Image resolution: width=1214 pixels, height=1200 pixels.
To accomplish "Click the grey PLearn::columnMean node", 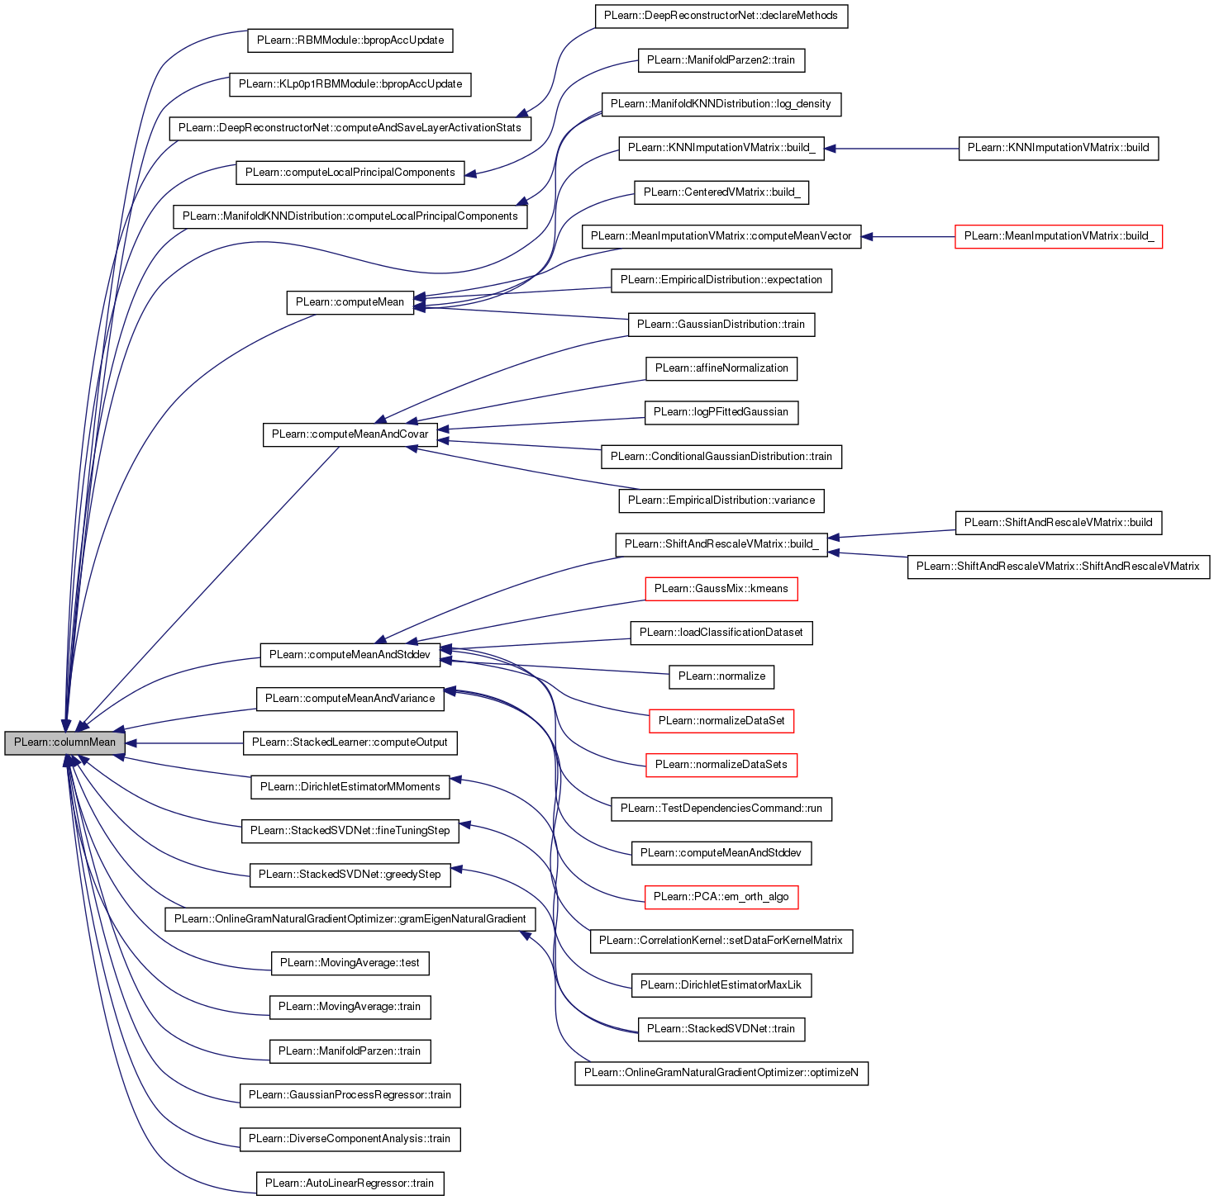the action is (x=65, y=742).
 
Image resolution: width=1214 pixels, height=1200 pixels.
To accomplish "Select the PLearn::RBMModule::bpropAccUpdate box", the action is (x=350, y=40).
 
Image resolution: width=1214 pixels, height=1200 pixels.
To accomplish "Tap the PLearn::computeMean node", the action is (x=350, y=302).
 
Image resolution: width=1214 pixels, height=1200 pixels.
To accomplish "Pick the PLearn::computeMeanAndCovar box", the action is (x=350, y=434).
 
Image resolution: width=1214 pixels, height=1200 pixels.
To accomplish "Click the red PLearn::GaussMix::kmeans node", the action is (x=721, y=589).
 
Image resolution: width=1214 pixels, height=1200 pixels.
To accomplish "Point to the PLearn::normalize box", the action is (x=721, y=677).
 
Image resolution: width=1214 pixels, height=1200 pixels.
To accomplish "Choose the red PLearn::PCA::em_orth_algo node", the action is (x=721, y=897).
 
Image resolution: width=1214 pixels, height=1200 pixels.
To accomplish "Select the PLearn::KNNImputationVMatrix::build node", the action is (x=1058, y=148).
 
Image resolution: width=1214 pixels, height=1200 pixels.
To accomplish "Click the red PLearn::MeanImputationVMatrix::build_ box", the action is (x=1059, y=236).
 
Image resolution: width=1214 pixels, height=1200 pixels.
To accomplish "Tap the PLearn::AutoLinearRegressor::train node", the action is (x=350, y=1183).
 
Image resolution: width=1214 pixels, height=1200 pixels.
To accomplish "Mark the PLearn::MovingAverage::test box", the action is (x=350, y=963).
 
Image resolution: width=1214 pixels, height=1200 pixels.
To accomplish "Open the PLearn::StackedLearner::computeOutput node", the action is (x=350, y=743).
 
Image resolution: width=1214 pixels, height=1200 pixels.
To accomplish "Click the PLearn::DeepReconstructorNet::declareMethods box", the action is (x=721, y=16).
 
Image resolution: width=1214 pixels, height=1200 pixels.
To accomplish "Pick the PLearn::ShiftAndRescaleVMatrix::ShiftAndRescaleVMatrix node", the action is (x=1058, y=567).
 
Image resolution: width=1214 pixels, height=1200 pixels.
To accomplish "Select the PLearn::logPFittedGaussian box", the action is (x=721, y=412).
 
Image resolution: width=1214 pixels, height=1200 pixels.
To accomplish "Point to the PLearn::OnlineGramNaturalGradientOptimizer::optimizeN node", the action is (x=721, y=1073).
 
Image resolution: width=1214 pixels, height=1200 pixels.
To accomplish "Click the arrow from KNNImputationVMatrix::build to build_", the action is (x=892, y=149).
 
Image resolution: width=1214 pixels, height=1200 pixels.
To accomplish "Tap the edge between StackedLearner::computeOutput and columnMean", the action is (x=184, y=743).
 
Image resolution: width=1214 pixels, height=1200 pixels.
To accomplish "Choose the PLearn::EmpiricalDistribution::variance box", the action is (x=721, y=500).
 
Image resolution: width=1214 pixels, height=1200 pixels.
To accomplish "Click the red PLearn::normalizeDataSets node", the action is (x=721, y=765).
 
